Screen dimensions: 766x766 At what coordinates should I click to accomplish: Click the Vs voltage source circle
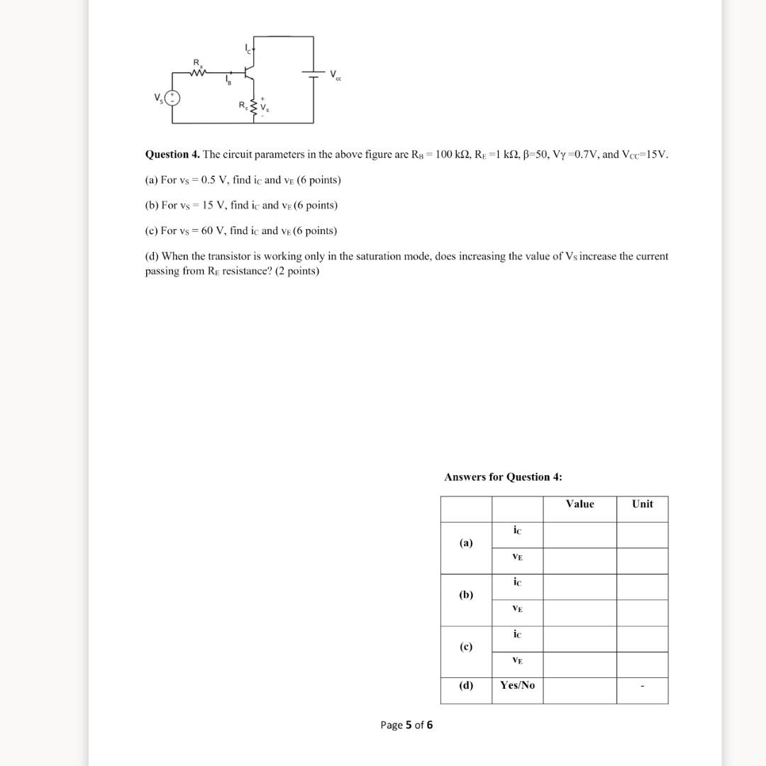[172, 98]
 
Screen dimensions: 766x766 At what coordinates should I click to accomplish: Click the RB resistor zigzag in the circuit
[199, 72]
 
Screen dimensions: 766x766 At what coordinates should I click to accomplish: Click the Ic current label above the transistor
[248, 48]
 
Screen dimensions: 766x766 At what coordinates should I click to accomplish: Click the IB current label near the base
[228, 79]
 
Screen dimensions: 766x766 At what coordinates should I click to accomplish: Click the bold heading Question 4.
[172, 154]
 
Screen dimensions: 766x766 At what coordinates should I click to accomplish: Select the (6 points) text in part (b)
[312, 205]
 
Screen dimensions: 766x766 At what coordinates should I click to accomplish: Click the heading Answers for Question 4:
[503, 477]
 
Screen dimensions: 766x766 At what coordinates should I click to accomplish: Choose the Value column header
[579, 504]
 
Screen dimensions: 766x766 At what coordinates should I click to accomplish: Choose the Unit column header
[642, 504]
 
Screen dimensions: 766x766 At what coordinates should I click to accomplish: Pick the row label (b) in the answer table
[466, 594]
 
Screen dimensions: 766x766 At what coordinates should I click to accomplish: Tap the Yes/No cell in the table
[517, 685]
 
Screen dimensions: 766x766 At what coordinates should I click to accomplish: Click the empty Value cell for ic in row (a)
[579, 535]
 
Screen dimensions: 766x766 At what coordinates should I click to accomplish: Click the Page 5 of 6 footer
[406, 724]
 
